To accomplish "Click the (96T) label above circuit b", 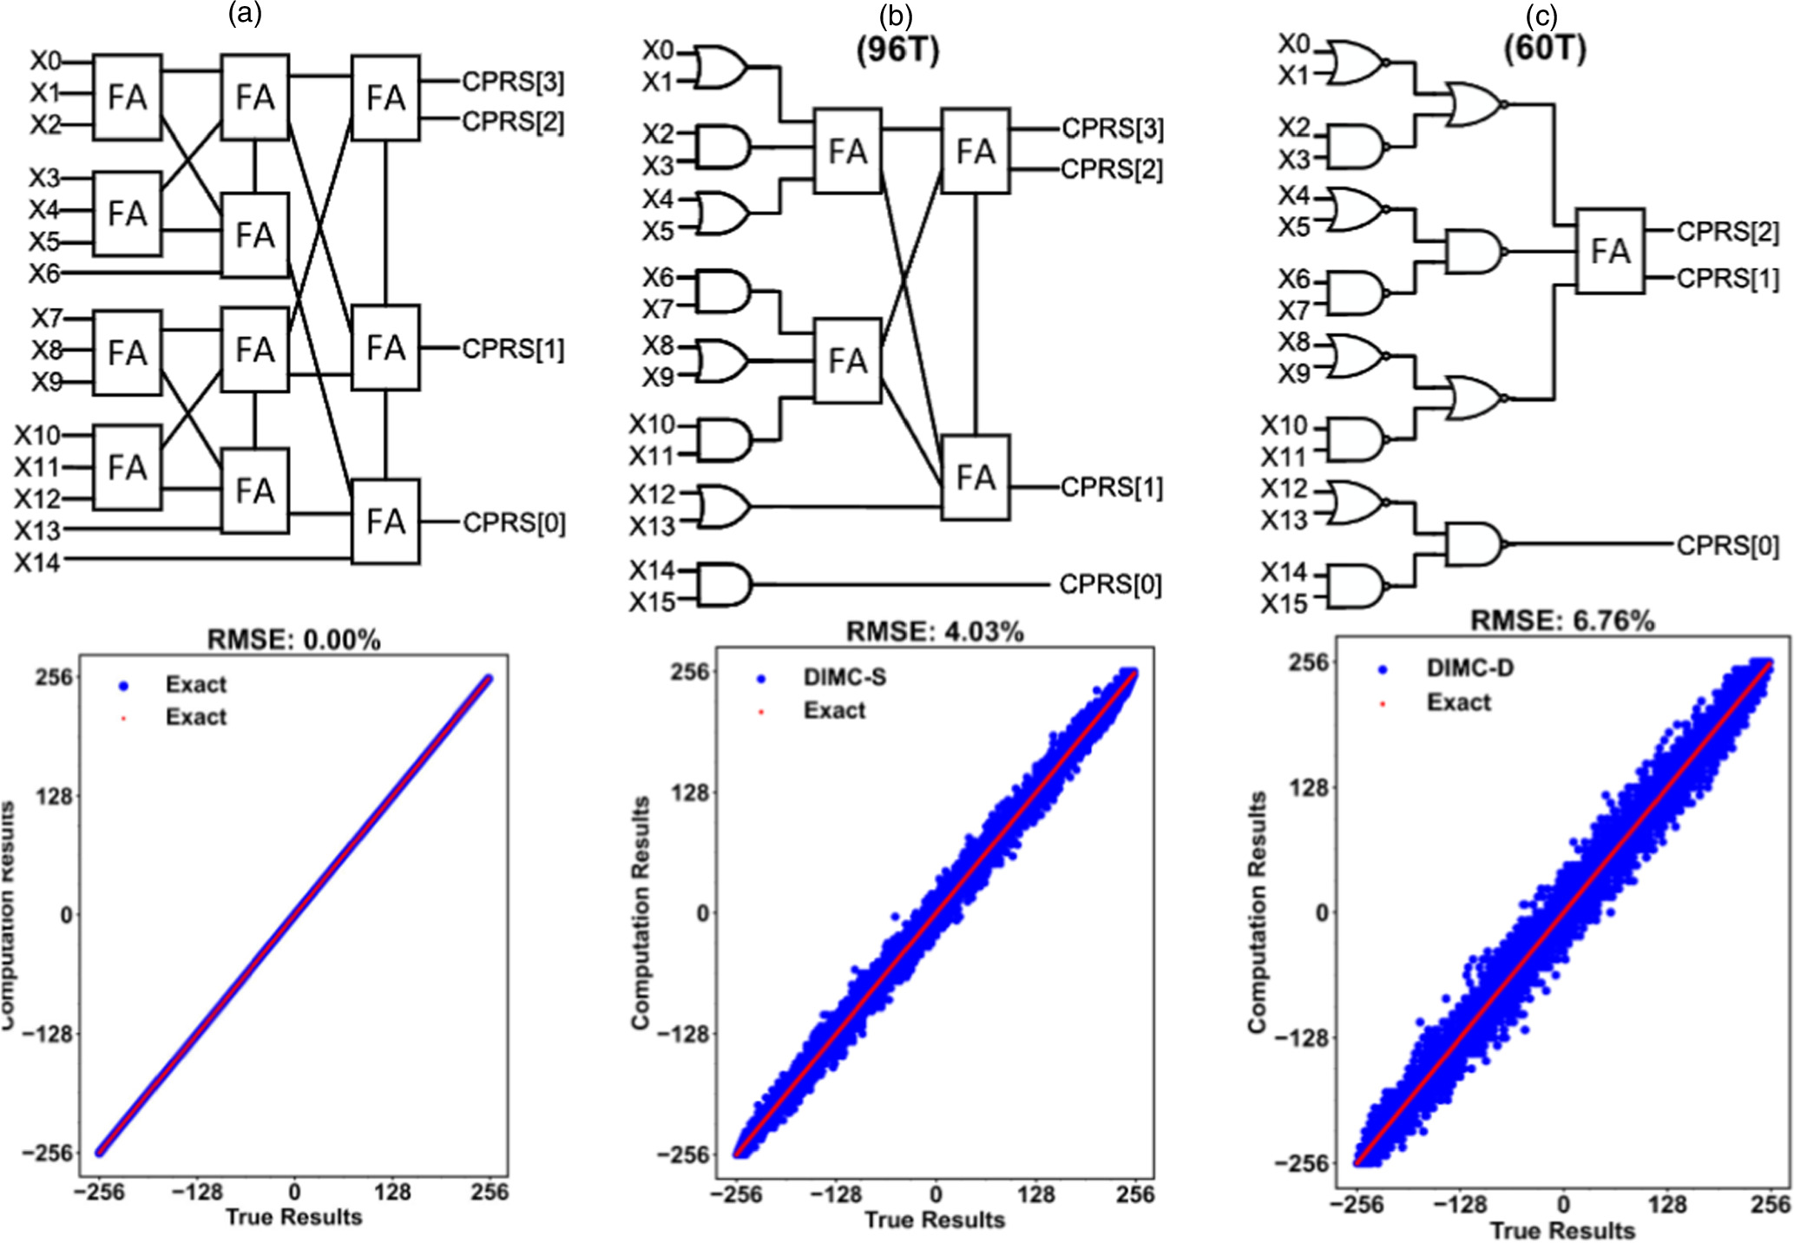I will [897, 50].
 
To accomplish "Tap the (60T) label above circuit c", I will [1545, 49].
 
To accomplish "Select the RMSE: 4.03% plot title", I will [935, 631].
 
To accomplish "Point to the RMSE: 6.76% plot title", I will [1562, 621].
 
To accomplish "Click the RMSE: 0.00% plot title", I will [293, 640].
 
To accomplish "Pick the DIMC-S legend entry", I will [844, 677].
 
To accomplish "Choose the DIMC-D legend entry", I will [1469, 668].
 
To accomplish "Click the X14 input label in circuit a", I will [37, 562].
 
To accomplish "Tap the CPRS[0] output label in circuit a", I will [514, 523].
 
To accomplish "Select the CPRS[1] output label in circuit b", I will [1112, 488].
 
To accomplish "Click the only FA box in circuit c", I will [1610, 252].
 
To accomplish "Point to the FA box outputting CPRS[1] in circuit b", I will [976, 477].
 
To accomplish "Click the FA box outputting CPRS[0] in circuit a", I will [385, 522].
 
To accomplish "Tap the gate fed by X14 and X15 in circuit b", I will [723, 584].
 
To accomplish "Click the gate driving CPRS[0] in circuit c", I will [1473, 544].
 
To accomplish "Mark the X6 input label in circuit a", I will [44, 273].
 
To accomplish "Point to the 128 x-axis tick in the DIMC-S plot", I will [1035, 1194].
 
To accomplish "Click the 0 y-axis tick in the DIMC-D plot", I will [1321, 912].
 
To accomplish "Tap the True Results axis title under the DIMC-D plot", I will [1562, 1230].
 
